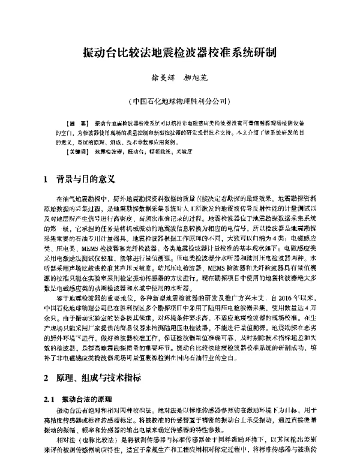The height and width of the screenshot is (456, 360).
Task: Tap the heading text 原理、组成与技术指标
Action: [x=98, y=378]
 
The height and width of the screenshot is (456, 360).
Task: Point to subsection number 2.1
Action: [x=50, y=399]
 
